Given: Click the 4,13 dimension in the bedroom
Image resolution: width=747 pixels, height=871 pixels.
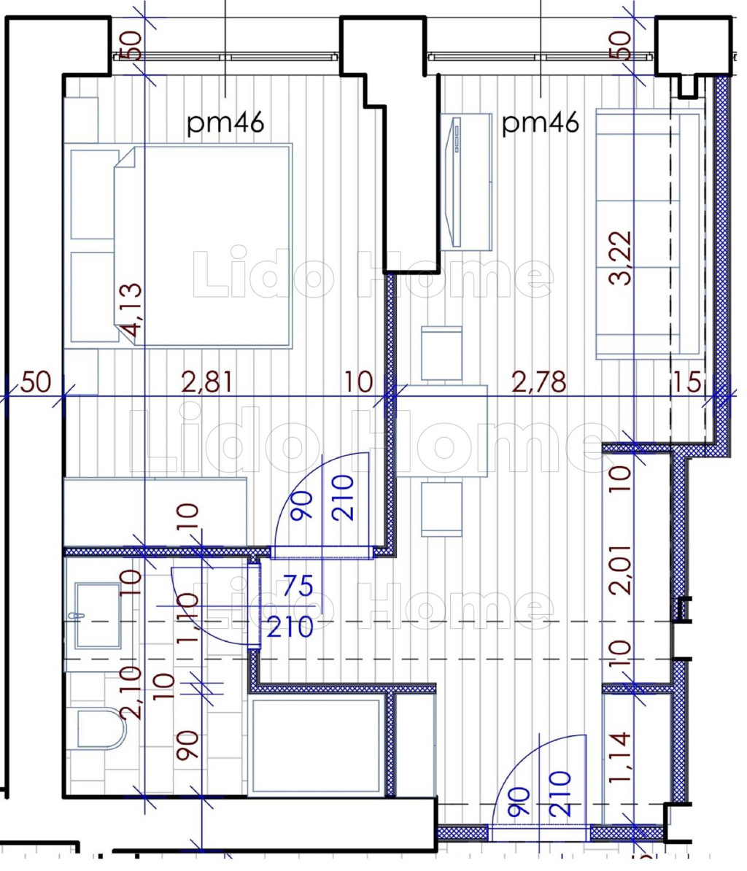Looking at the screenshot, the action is (x=131, y=310).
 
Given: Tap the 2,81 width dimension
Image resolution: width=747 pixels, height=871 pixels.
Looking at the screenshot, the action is (x=207, y=382).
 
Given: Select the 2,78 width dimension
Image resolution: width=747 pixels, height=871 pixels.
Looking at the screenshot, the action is (x=538, y=382).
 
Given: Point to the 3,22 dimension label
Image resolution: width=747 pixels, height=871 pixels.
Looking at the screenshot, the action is (x=621, y=258).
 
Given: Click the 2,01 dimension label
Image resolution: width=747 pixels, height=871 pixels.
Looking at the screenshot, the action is (x=621, y=570).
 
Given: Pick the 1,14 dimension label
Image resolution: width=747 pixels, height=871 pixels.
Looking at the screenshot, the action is (x=620, y=758).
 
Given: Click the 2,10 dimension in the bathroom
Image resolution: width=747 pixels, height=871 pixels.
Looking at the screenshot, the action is (x=131, y=693).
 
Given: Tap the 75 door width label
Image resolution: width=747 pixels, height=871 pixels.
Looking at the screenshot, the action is (x=298, y=586).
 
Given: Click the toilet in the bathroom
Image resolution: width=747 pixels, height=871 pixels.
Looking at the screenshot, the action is (x=102, y=729).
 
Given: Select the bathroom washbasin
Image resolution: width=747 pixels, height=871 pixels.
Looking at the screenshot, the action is (x=98, y=616).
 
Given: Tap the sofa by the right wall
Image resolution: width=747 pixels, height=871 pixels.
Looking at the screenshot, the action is (x=648, y=233).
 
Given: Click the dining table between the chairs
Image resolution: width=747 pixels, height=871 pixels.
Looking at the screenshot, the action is (x=442, y=430).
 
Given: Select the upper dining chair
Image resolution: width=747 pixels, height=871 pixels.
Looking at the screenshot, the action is (x=441, y=353).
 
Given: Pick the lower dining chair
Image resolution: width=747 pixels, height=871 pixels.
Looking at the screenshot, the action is (x=441, y=509).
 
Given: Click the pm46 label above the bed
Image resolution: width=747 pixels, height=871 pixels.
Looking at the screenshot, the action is (x=225, y=123).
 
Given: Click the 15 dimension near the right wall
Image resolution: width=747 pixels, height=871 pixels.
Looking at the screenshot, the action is (x=688, y=382).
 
